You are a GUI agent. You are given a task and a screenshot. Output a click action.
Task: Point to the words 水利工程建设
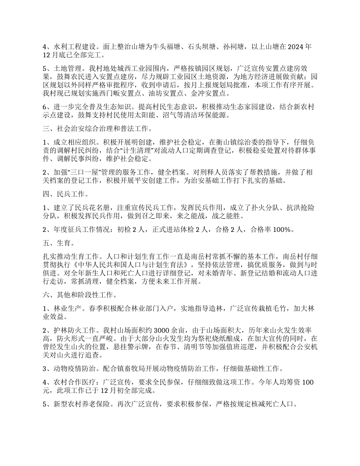click(x=72, y=47)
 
